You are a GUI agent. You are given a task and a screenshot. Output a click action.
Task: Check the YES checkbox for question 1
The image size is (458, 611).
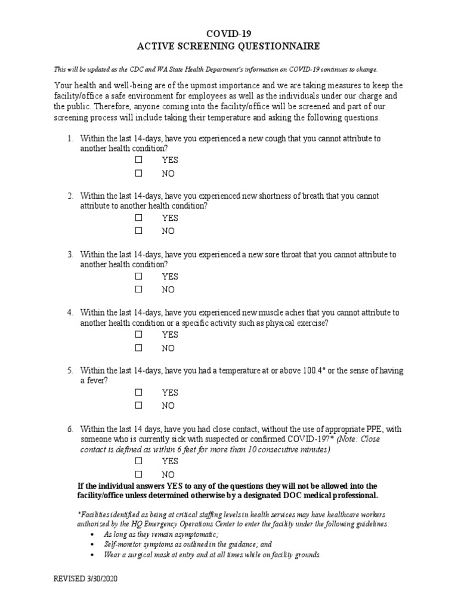[x=138, y=160]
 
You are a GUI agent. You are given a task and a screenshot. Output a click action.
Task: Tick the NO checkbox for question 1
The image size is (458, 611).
[x=138, y=173]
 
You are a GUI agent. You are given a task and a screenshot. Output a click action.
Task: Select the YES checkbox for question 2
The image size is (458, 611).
[x=138, y=218]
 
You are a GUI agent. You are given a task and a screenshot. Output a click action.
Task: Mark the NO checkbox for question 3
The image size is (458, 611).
[x=138, y=289]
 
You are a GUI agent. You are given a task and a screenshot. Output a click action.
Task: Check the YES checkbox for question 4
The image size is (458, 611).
[x=138, y=335]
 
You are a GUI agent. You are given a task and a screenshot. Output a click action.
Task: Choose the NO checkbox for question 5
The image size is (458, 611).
[x=138, y=406]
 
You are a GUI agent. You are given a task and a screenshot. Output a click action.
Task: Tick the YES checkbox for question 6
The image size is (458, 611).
[x=138, y=461]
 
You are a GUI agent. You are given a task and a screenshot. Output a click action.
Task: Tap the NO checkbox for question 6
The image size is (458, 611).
[x=138, y=474]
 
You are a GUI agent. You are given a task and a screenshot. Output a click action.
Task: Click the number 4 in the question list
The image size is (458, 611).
[x=70, y=313]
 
